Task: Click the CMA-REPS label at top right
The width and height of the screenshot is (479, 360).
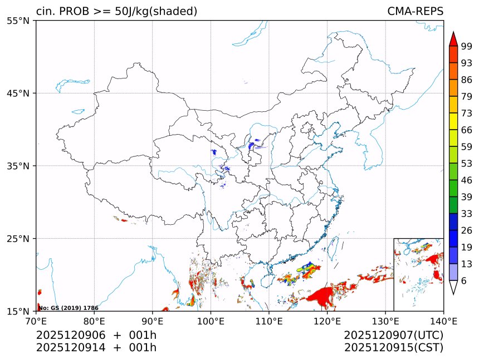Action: click(415, 11)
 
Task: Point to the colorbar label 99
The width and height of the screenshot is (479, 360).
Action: click(467, 47)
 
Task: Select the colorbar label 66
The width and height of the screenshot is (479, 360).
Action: click(467, 130)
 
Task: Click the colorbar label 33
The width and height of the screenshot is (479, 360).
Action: click(467, 214)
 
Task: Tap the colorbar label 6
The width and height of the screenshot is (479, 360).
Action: click(464, 281)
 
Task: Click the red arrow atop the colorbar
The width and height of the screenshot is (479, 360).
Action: click(453, 39)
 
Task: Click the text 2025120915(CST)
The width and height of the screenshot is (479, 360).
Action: click(393, 348)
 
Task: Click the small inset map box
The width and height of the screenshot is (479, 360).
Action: click(418, 274)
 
